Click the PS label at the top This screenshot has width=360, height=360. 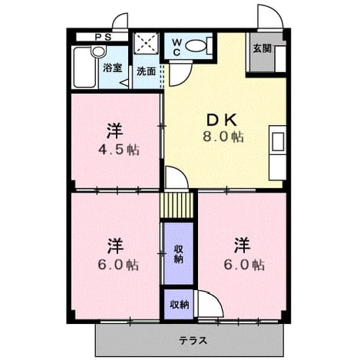103,38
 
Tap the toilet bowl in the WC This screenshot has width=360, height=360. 195,46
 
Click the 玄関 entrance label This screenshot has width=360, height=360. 262,48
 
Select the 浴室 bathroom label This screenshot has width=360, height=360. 113,68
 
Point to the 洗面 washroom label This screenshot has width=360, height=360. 146,71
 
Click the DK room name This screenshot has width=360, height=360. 222,121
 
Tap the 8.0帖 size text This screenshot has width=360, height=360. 223,137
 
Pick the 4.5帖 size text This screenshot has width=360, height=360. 119,150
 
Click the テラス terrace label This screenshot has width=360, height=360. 193,341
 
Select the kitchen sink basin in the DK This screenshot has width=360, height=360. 278,141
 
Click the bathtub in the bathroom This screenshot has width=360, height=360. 85,68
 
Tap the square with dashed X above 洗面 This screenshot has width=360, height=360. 146,43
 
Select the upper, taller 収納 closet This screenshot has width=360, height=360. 178,253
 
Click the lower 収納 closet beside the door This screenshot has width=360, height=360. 178,305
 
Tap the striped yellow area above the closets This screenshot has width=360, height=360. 177,205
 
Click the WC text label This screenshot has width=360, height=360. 177,47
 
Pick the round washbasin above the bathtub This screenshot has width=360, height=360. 98,51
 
